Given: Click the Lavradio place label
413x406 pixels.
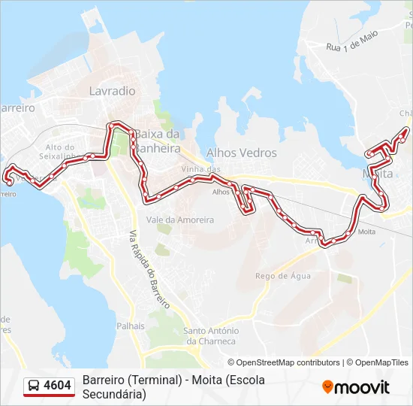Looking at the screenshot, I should click(x=112, y=91).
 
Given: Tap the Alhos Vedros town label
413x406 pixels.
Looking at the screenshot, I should click(x=241, y=153).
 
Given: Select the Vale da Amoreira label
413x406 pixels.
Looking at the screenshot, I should click(x=180, y=220).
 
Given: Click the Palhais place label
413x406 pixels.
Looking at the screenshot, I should click(x=130, y=326).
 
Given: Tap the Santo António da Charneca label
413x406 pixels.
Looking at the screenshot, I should click(x=211, y=335).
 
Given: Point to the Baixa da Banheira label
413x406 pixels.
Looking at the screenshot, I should click(x=157, y=141).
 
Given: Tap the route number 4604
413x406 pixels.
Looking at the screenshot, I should click(x=58, y=386).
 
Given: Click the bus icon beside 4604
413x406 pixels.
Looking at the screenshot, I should click(x=34, y=386).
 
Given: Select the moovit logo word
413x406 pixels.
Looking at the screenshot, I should click(x=362, y=387).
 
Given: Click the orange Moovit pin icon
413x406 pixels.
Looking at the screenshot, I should click(x=327, y=386).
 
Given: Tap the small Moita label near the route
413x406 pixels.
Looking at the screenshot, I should click(x=366, y=232).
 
